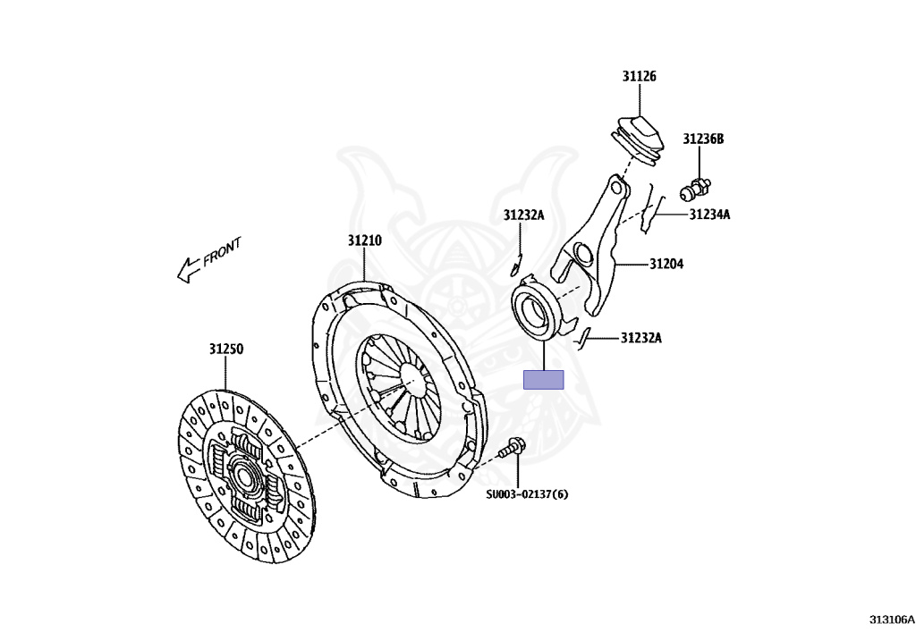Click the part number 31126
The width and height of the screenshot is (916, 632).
pos(640,77)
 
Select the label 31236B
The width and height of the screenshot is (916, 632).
pos(703,139)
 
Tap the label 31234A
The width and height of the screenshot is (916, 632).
pos(709,215)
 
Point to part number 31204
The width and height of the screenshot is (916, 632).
pos(666,264)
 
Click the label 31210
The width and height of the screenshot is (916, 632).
pos(365,240)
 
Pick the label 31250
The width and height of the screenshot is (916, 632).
pos(226,349)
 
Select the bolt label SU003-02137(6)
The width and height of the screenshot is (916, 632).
pos(527,493)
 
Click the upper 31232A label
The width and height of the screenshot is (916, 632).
pos(523,215)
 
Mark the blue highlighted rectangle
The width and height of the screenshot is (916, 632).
pos(543,380)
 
